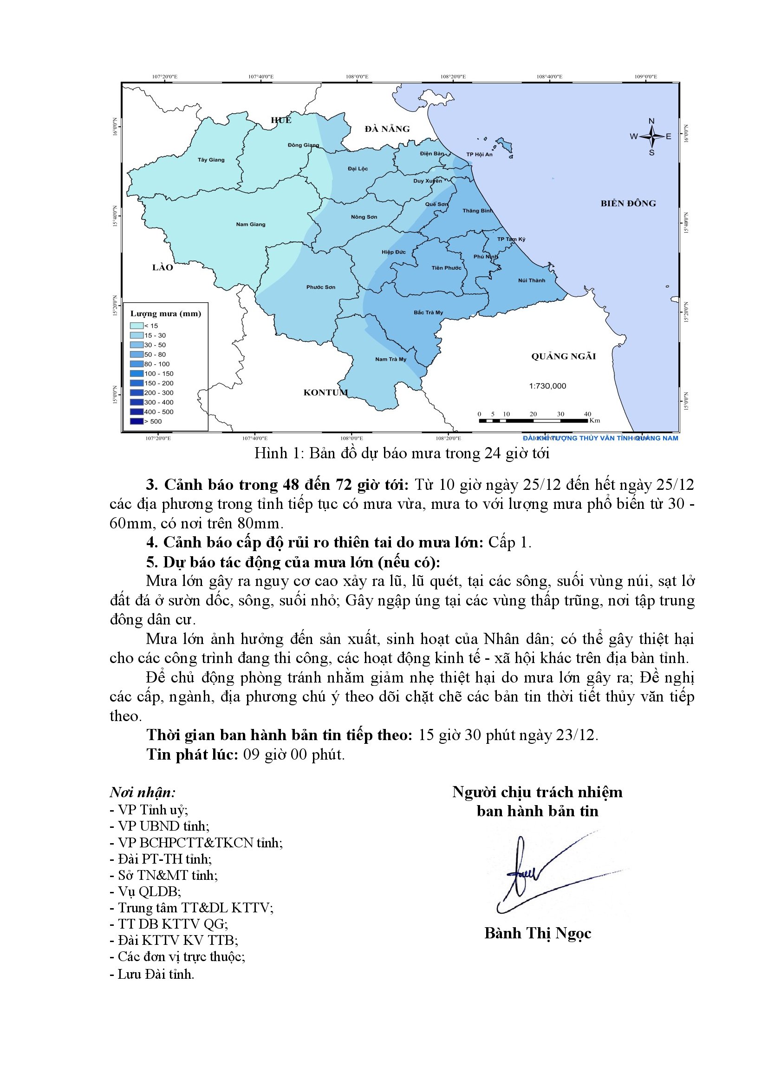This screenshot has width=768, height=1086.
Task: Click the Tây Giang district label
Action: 211,160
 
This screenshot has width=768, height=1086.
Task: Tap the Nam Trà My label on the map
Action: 391,359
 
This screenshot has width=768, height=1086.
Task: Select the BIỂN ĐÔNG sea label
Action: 628,203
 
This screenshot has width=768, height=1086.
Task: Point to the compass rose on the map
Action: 651,137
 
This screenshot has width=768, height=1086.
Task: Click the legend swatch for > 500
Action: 137,422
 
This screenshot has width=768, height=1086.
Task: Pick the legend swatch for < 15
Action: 137,326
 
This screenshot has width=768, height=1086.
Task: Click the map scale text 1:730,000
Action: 547,386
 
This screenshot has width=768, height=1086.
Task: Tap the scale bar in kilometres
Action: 534,420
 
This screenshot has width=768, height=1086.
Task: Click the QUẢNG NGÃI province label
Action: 563,357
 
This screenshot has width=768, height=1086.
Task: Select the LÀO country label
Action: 162,268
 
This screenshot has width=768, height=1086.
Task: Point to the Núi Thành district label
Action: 532,280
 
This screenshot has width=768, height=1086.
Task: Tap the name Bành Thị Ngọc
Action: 538,933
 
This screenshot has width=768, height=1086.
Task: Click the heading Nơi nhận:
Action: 143,792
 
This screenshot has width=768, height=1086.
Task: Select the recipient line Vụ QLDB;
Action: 145,891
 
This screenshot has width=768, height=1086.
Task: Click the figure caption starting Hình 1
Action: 402,453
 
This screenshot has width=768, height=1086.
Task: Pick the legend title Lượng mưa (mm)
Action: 165,313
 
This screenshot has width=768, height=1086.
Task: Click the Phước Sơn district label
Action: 321,287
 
